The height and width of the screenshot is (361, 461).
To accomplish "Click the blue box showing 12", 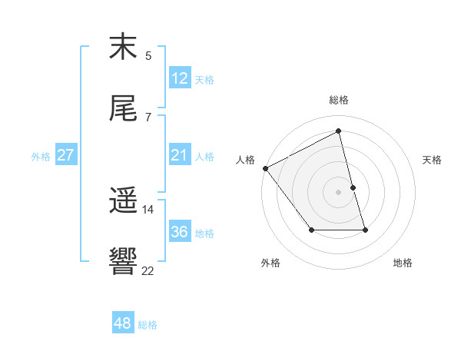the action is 180,78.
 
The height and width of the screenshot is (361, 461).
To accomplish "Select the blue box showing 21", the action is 180,155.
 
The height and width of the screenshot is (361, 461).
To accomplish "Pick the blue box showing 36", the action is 180,232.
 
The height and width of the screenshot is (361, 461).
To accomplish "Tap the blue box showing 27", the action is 66,155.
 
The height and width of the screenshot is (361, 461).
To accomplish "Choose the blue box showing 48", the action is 123,323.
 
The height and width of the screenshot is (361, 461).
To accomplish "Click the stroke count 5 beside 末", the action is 148,55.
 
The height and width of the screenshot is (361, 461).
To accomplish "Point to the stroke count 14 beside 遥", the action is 148,209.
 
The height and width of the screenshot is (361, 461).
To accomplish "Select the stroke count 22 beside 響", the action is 148,270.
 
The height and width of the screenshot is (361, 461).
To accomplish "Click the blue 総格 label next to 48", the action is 148,325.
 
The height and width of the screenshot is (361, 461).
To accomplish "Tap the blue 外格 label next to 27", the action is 41,157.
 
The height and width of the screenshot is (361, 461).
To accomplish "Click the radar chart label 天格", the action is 433,160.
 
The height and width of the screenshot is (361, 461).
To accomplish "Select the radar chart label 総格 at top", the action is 339,100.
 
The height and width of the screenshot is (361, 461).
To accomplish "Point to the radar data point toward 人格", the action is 265,168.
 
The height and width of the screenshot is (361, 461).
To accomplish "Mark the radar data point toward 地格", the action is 365,230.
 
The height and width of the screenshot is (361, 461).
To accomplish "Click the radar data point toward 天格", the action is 353,187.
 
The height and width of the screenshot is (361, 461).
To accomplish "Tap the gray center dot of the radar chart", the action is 339,192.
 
